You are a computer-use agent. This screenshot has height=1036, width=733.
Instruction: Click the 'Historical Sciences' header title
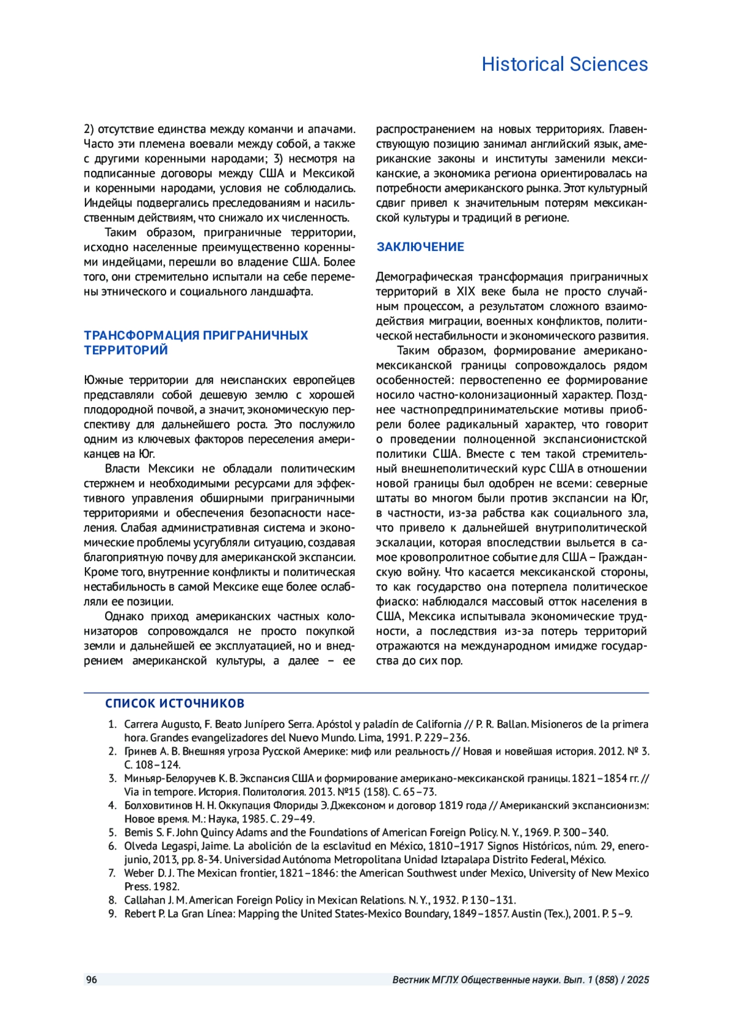[x=564, y=64]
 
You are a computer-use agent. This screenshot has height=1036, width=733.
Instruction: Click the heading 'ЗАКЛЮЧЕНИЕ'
[x=420, y=247]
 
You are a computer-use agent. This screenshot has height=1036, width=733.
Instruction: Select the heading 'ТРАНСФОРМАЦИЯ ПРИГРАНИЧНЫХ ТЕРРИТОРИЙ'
[x=195, y=342]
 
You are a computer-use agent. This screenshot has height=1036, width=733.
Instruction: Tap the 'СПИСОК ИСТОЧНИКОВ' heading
[x=175, y=703]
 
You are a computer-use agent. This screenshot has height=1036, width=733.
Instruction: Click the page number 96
[x=92, y=980]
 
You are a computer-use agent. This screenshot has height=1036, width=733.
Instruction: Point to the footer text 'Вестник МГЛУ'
[x=425, y=980]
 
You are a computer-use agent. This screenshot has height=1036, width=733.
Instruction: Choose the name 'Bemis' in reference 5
[x=139, y=832]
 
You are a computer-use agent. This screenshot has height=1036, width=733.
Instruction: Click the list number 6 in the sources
[x=112, y=846]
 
